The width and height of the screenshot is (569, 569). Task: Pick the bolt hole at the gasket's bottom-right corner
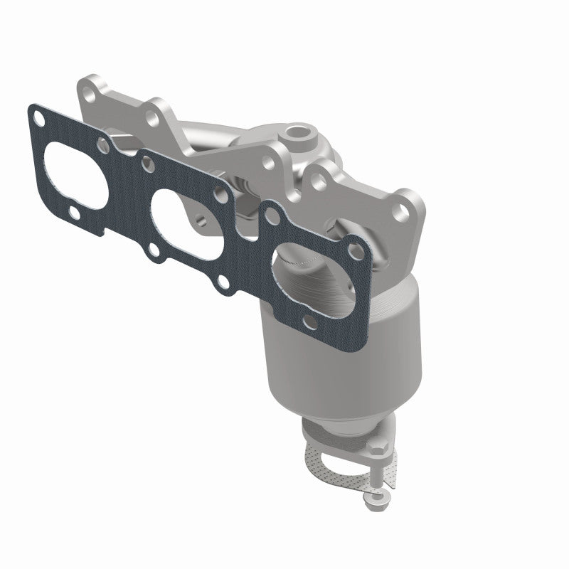(307, 323)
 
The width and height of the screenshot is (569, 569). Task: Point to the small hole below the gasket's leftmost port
(74, 211)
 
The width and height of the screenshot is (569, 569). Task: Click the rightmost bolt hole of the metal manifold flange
(405, 209)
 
